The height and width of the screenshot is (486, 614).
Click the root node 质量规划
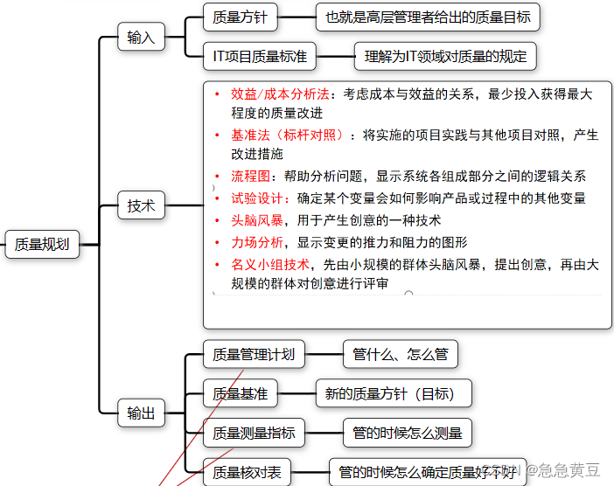coord(42,245)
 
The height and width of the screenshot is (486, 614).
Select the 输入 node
coord(141,38)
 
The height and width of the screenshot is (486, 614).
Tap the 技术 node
coord(141,206)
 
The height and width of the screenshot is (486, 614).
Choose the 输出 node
coord(141,413)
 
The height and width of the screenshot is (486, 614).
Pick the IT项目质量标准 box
coord(260,57)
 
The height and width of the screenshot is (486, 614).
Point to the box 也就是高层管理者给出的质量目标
coord(428,16)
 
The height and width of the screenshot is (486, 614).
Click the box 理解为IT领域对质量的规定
coord(445,57)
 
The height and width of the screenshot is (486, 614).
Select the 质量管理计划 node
coord(254,355)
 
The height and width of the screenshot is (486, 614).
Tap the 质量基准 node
coord(240,393)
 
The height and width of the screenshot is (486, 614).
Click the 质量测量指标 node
coord(254,433)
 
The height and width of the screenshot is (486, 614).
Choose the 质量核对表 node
coord(247,472)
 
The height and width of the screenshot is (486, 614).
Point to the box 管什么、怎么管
coord(400,355)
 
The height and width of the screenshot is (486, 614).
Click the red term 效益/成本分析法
coord(280,94)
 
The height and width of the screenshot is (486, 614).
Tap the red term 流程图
coord(251,176)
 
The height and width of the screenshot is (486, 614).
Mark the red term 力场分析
coord(257,242)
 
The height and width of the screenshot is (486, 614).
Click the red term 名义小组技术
coord(270,264)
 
